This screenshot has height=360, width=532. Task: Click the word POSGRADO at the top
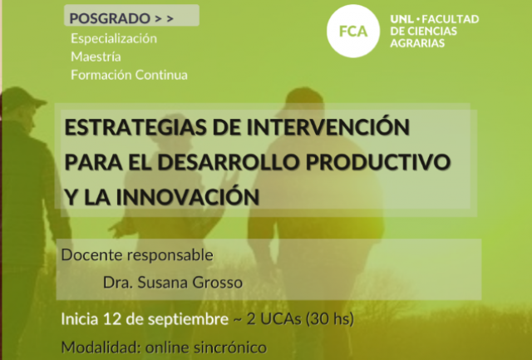click(x=110, y=18)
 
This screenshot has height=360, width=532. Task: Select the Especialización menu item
click(x=114, y=38)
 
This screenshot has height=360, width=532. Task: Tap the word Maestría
click(x=96, y=57)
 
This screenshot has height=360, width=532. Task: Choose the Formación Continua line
click(x=130, y=75)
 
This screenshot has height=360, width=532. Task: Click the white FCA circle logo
click(x=353, y=31)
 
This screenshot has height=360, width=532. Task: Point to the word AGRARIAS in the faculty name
click(x=417, y=43)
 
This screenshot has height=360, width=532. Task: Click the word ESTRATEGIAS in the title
click(x=135, y=127)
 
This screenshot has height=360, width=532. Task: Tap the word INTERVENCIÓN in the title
click(x=328, y=126)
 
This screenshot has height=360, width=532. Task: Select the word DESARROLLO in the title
click(x=228, y=162)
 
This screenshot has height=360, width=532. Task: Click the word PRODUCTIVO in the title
click(x=378, y=162)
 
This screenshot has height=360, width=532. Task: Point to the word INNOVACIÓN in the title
click(x=188, y=197)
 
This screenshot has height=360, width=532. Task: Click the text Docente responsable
click(x=137, y=255)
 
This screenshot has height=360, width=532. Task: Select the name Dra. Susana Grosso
click(x=173, y=283)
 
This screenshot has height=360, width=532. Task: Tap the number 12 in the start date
click(x=112, y=319)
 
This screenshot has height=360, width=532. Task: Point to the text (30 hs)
click(x=330, y=319)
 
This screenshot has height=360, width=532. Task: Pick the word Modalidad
click(x=101, y=348)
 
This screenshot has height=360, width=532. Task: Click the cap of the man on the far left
click(x=22, y=98)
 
